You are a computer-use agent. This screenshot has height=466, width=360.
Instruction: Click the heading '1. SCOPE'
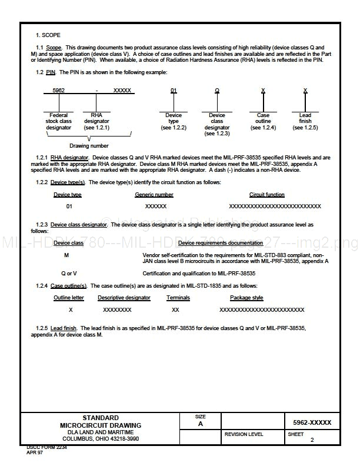(x=48, y=35)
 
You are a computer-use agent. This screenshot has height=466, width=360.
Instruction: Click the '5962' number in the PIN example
(x=59, y=91)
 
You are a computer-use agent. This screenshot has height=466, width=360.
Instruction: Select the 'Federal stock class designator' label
(x=59, y=121)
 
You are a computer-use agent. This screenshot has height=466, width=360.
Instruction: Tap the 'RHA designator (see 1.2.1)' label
(x=97, y=121)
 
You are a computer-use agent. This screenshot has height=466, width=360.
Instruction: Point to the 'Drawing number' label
(x=89, y=145)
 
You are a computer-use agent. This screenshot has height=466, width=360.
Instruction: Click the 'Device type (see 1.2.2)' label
(x=174, y=121)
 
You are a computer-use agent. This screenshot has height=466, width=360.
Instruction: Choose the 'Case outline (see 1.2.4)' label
(x=263, y=121)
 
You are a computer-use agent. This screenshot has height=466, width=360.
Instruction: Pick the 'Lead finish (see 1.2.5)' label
(x=305, y=121)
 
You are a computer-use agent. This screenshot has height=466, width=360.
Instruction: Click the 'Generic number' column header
(x=154, y=195)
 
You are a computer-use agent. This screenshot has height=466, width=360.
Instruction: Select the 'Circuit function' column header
(x=266, y=195)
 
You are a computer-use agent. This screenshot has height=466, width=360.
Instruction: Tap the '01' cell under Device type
(x=69, y=207)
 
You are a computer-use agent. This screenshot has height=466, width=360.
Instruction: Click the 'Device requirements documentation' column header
(x=221, y=243)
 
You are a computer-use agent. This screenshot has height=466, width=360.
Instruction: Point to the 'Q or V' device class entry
(x=69, y=274)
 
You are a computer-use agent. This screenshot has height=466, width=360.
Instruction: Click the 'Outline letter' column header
(x=69, y=298)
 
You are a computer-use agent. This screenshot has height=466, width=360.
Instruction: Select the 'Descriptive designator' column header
(x=124, y=298)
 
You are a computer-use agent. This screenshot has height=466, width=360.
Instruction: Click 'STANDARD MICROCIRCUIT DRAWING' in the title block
(x=100, y=421)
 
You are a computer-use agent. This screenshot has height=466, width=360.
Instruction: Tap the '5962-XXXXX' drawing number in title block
(x=312, y=422)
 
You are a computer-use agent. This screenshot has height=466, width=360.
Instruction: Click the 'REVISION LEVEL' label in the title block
(x=244, y=434)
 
